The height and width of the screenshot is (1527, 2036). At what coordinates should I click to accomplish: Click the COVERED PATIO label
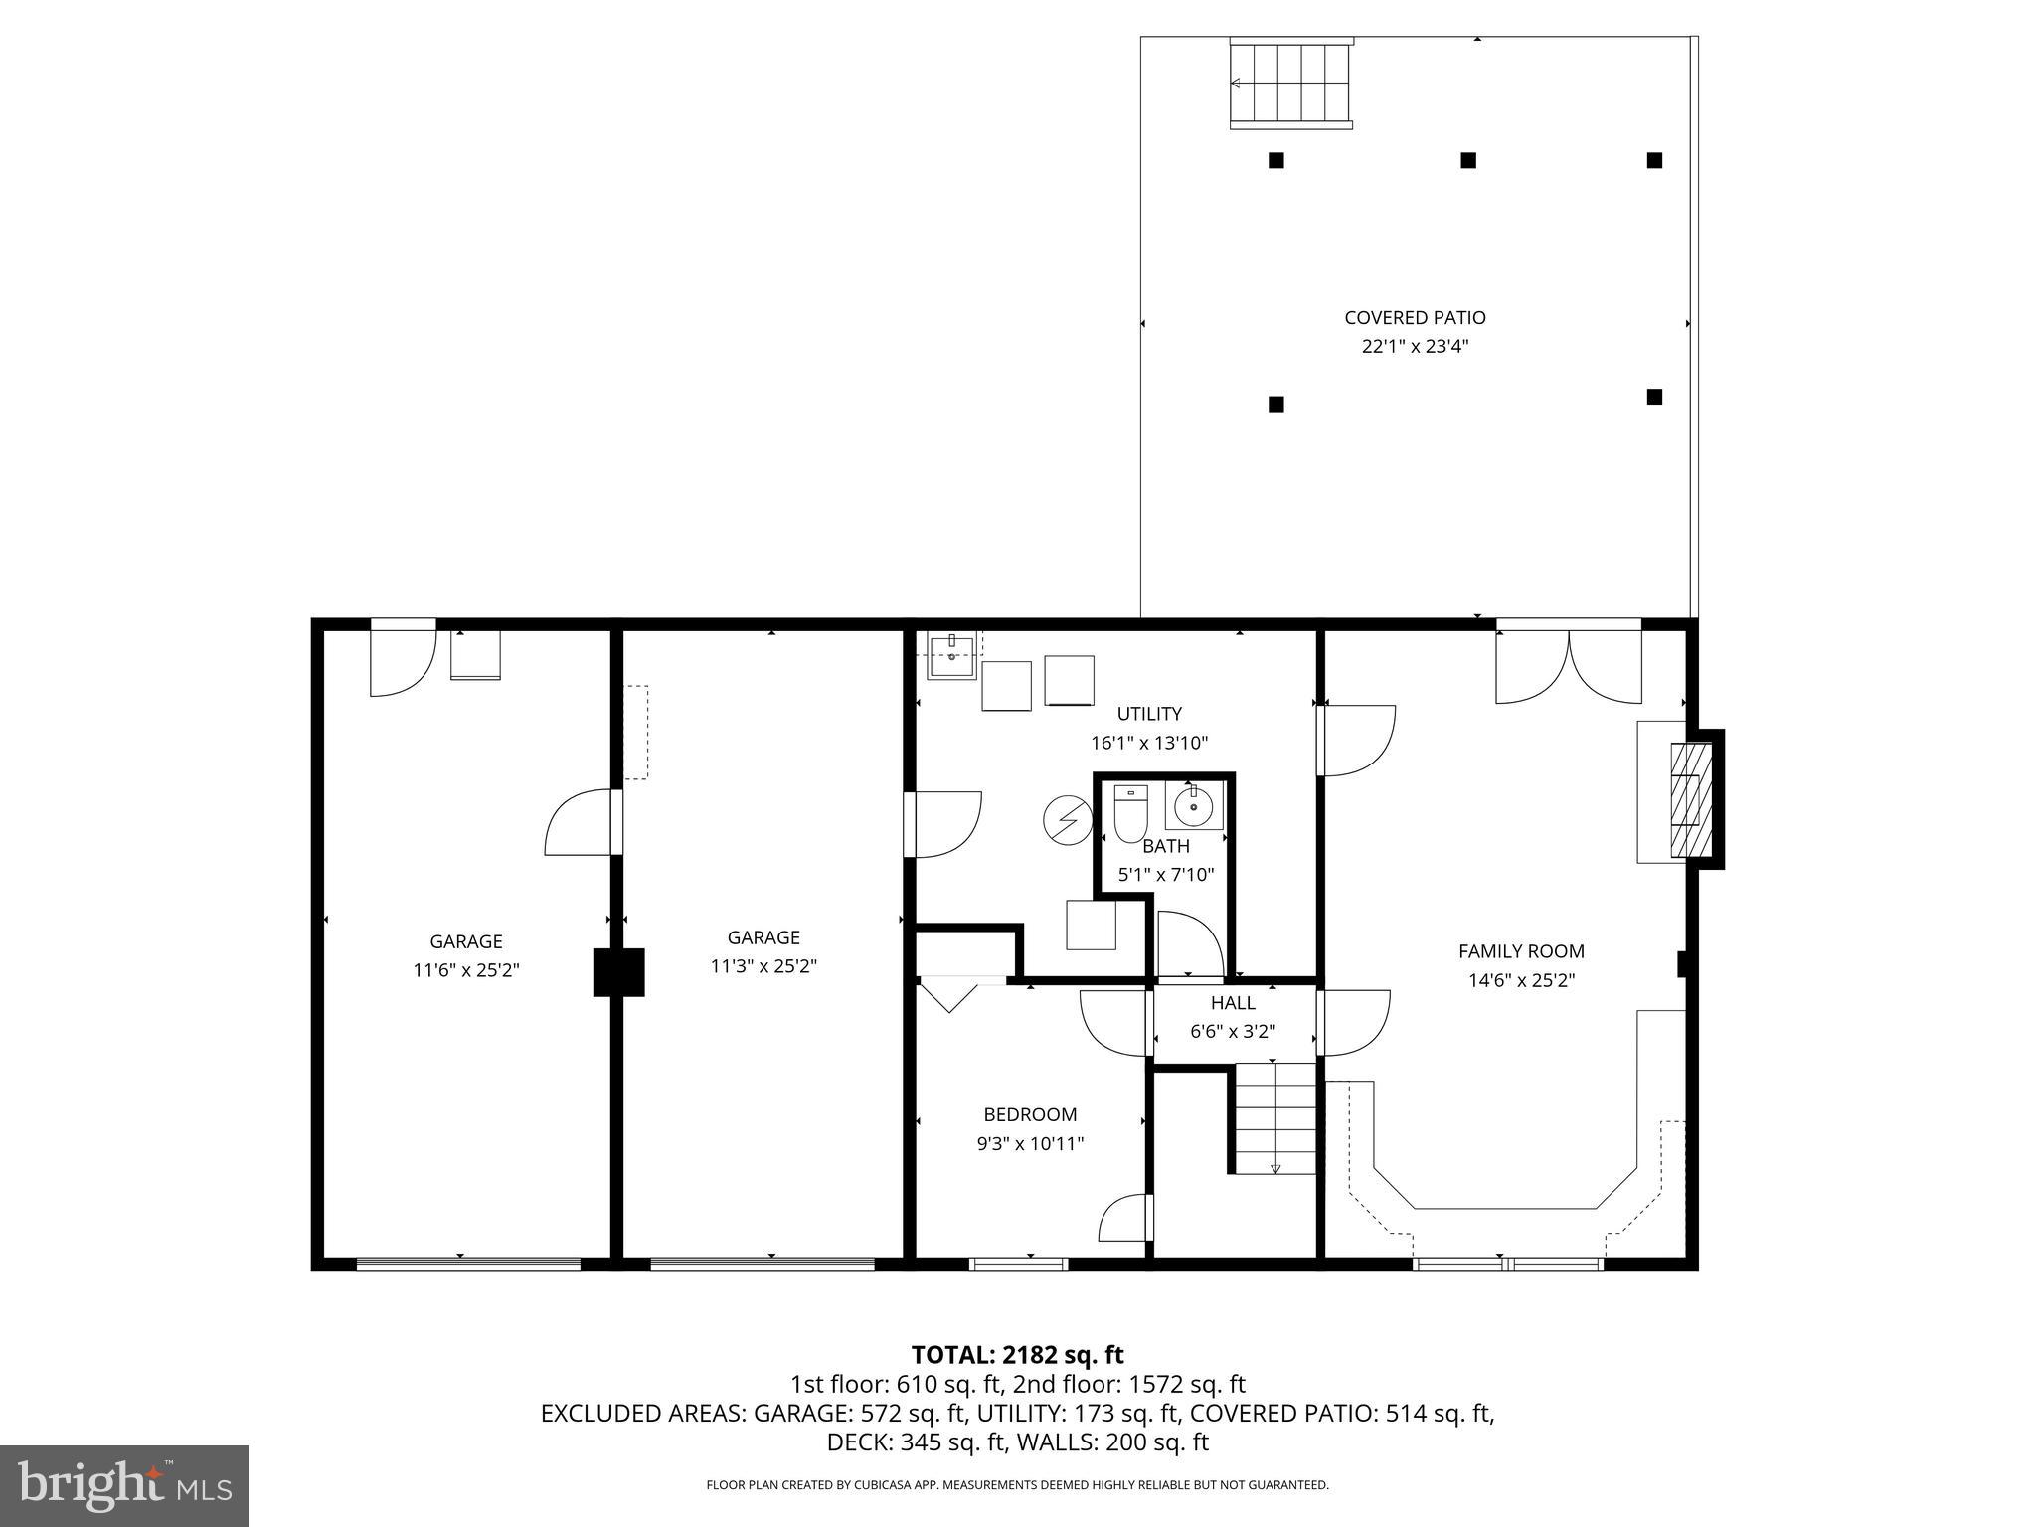1415,318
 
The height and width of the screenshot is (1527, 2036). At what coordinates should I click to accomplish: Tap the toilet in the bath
1130,815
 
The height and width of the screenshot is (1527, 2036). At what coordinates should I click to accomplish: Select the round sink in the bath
1193,807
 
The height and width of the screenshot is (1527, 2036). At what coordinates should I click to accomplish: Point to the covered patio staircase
1291,84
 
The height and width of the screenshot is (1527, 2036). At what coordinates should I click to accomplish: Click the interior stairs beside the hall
1275,1118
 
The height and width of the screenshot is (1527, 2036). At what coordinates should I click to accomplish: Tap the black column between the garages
618,972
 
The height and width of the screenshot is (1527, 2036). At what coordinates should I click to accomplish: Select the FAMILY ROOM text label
1520,951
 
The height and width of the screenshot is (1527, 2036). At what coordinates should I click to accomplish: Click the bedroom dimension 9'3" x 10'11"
1030,1144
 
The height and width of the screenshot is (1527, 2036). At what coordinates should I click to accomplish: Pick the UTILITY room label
1148,714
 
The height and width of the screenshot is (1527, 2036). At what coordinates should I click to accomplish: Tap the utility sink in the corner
952,654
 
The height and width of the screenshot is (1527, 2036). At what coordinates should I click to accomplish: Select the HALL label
1232,1003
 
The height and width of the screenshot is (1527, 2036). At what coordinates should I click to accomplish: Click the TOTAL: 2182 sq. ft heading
1017,1355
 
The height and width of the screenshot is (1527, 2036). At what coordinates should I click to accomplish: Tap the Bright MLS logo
124,1485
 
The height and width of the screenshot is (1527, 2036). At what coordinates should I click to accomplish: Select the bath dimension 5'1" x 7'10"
1165,876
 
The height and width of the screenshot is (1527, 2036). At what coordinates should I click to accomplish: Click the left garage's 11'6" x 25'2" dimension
465,970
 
